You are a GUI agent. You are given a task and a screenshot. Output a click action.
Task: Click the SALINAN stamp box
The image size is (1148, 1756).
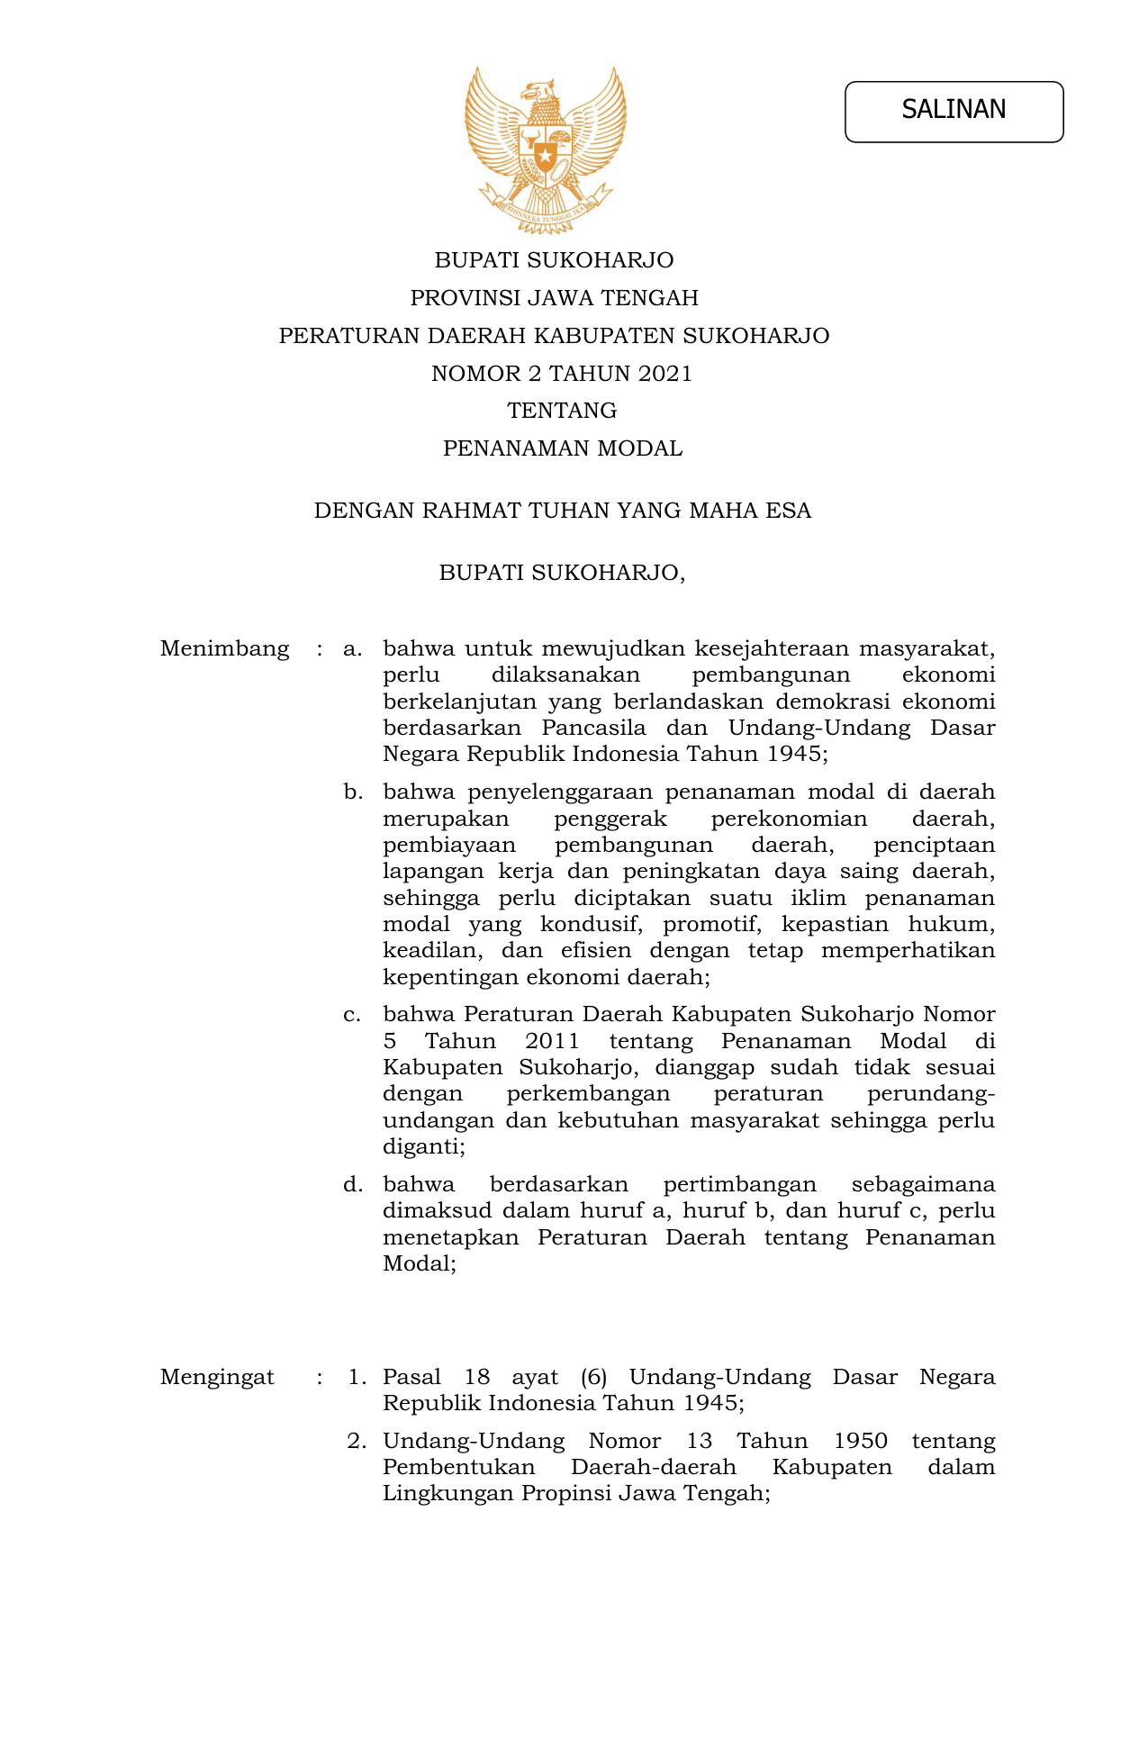tap(954, 112)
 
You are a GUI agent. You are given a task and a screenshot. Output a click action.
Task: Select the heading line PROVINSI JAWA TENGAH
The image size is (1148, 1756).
tap(554, 298)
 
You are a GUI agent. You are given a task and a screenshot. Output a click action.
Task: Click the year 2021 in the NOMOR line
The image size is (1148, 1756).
tap(664, 374)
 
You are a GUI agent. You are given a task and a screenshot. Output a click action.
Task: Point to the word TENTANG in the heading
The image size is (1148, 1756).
tap(562, 411)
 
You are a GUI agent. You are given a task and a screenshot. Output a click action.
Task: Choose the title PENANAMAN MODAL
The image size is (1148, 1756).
tap(562, 448)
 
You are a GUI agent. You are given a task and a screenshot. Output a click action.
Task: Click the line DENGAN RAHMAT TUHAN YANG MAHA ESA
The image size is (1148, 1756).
tap(562, 511)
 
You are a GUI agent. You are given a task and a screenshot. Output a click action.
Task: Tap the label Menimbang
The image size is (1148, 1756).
tap(224, 648)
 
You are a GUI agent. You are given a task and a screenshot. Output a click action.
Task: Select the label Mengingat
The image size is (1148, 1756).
tap(217, 1377)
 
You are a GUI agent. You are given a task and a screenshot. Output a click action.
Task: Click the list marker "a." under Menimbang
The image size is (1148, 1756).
tap(352, 648)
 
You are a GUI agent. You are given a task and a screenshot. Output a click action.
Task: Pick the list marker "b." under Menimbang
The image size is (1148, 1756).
tap(352, 792)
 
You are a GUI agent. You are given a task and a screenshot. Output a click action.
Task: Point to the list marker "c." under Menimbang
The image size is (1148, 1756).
tap(352, 1015)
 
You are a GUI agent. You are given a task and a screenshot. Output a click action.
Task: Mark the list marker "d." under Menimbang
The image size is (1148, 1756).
tap(352, 1184)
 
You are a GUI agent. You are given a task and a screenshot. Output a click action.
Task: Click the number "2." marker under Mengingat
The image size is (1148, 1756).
tap(357, 1441)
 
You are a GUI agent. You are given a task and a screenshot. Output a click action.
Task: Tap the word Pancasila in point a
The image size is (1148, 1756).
tap(593, 728)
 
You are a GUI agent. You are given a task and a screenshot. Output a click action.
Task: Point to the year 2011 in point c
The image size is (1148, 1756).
tap(552, 1042)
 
